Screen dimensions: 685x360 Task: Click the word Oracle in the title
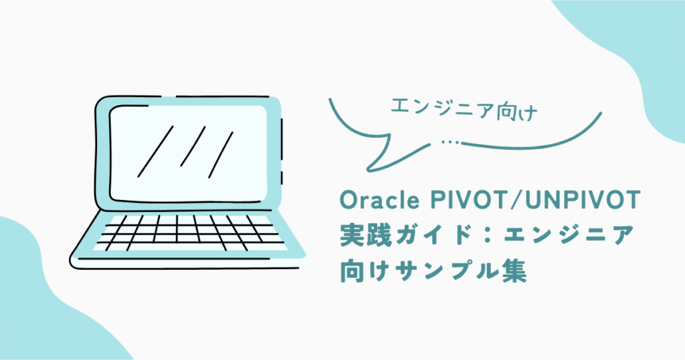(379, 201)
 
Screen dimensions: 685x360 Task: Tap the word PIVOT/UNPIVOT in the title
(535, 201)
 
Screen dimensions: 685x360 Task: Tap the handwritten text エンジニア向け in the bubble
(464, 109)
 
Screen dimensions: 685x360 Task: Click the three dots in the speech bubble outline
(450, 142)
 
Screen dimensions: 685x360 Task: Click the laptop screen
(188, 154)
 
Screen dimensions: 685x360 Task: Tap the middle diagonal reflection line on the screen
(193, 147)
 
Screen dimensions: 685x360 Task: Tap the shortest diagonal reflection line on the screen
(193, 147)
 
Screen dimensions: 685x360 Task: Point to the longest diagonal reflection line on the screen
(155, 151)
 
